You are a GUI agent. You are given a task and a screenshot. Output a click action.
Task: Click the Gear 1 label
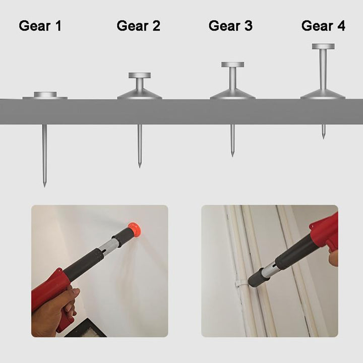click(40, 26)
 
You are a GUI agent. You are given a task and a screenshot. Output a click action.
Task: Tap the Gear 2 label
click(139, 26)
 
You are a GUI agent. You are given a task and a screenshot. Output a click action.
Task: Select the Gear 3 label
click(230, 26)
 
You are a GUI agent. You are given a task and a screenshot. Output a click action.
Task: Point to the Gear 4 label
click(323, 26)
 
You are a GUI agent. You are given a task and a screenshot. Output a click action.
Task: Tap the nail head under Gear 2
click(139, 76)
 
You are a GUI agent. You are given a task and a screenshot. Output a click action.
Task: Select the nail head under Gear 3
click(232, 65)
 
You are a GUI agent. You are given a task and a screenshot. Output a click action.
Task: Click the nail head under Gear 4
click(323, 46)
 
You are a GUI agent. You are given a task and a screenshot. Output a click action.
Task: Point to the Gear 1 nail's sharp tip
click(44, 184)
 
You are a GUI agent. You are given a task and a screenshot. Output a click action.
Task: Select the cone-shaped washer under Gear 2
click(140, 94)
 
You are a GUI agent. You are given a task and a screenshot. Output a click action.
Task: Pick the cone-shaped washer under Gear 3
click(232, 94)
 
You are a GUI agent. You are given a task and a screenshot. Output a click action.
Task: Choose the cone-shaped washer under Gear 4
click(323, 94)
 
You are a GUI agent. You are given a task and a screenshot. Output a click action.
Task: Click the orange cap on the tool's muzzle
click(134, 230)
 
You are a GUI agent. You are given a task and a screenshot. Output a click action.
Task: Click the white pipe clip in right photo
click(240, 283)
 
